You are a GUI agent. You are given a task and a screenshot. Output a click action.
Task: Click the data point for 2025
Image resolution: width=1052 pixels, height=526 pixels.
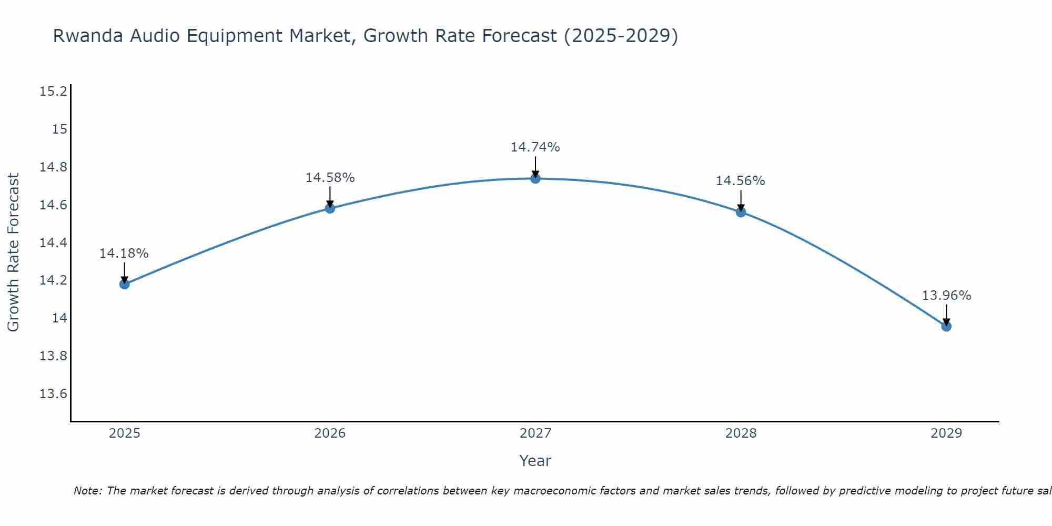pos(125,284)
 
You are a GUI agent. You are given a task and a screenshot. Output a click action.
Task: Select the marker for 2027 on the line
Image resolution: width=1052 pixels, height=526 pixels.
pos(535,178)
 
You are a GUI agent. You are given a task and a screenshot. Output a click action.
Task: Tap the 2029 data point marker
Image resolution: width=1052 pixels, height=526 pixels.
pos(946,326)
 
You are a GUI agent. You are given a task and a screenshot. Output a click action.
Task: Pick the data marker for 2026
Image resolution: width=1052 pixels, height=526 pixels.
pos(330,208)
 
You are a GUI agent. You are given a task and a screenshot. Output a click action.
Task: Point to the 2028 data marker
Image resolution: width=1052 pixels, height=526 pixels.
pos(741,212)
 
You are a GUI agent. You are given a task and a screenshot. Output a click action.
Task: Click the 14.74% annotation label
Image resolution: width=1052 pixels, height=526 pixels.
pos(535,147)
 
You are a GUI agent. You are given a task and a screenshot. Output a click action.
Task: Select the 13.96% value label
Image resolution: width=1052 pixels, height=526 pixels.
pos(946,296)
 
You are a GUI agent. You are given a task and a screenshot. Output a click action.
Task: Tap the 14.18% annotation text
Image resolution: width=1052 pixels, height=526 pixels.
pos(124,254)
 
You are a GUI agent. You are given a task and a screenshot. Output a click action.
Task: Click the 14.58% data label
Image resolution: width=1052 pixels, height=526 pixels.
pos(330,178)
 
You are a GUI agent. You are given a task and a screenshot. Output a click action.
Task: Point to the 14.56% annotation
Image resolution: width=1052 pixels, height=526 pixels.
pos(740,181)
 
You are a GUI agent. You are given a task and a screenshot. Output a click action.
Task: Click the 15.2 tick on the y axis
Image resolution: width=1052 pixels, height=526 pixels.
pos(53,92)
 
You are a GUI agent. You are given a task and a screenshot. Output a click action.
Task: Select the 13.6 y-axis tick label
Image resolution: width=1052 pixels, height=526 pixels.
pos(53,394)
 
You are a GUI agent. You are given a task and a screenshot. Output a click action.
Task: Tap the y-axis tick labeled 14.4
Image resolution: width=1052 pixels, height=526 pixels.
pos(53,242)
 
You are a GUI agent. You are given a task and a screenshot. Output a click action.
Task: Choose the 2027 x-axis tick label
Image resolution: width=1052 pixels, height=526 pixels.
pos(535,433)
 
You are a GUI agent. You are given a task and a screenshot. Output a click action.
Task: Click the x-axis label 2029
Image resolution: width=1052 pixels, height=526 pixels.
pos(946,433)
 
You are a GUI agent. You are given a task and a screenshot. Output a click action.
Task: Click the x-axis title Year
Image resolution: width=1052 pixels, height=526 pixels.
pos(535,461)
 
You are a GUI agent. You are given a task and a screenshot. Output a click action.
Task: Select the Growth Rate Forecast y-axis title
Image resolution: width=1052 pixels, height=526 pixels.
pos(13,252)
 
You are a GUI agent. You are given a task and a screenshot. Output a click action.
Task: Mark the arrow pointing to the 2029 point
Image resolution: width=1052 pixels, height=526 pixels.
pos(946,315)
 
